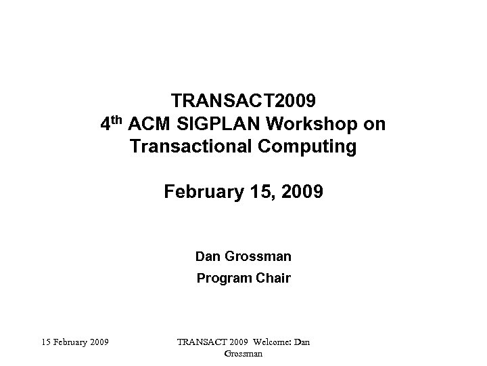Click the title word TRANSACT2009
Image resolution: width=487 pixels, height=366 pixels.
[243, 102]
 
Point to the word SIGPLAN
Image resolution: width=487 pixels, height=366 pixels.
[216, 125]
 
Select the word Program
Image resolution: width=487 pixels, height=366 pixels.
[223, 277]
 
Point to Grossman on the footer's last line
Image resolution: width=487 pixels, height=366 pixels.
[243, 353]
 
